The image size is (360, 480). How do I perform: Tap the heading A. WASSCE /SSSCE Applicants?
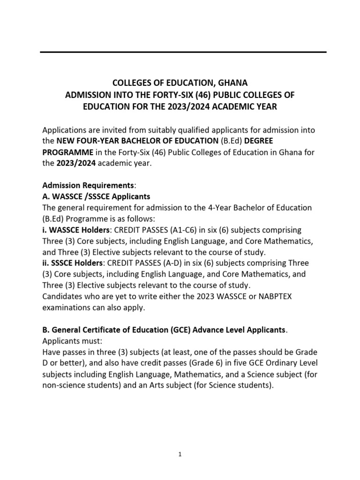96,196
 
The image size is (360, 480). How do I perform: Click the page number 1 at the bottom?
180,454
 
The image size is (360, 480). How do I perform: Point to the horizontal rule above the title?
183,52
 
